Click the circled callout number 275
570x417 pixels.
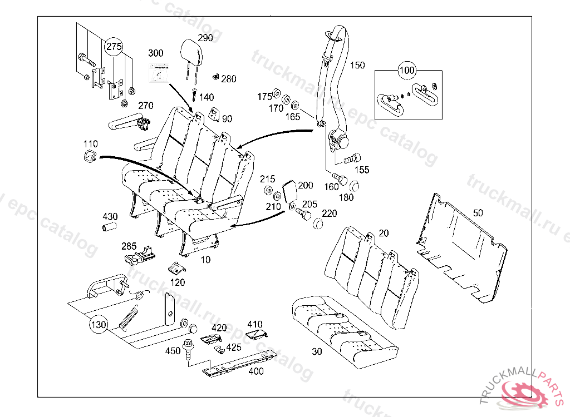pos(114,47)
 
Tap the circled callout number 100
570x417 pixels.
pos(407,71)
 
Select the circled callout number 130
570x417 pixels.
pos(98,324)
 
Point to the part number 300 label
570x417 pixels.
pos(156,53)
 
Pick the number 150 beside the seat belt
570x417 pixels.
pos(357,65)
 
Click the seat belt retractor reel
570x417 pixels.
pos(338,140)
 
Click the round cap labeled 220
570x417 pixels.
pos(319,224)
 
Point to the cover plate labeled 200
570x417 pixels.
pos(289,192)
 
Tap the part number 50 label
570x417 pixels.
pos(478,212)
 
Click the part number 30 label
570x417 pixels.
pos(317,351)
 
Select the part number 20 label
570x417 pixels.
pos(384,233)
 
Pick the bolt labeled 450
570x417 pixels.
pos(188,350)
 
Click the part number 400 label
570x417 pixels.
pos(256,371)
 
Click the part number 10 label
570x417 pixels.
pos(206,260)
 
